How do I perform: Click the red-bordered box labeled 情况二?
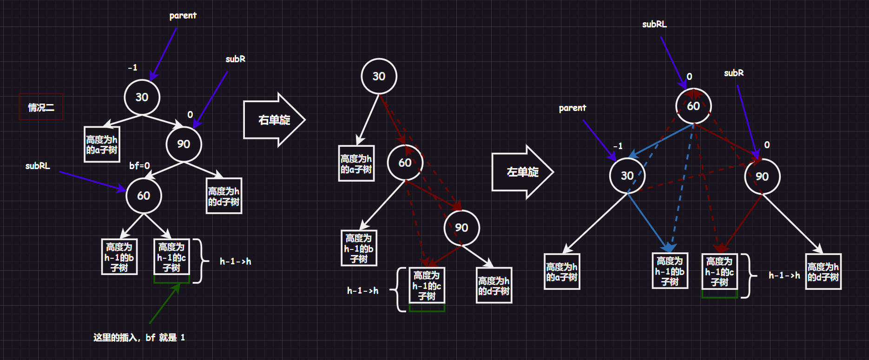coord(41,107)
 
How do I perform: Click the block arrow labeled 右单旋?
coord(274,120)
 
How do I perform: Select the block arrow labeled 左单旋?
coord(522,172)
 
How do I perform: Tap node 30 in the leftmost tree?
coord(142,97)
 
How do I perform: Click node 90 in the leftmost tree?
coord(184,144)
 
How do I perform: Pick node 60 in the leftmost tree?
coord(144,196)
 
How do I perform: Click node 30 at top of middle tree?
coord(379,76)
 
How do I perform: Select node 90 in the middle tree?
coord(461,228)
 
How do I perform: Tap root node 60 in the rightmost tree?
coord(693,106)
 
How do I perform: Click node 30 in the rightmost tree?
coord(627,176)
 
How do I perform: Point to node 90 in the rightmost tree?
coord(762,177)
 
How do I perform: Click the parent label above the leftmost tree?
coord(183,16)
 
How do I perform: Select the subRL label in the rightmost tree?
coord(654,24)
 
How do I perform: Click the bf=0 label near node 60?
coord(139,166)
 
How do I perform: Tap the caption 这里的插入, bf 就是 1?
coord(139,338)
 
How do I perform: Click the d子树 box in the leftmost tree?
coord(224,196)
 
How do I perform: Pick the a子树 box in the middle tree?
coord(356,164)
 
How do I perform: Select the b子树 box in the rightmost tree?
coord(670,271)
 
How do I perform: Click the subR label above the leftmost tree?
coord(235,59)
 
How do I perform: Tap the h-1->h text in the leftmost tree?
coord(235,262)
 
